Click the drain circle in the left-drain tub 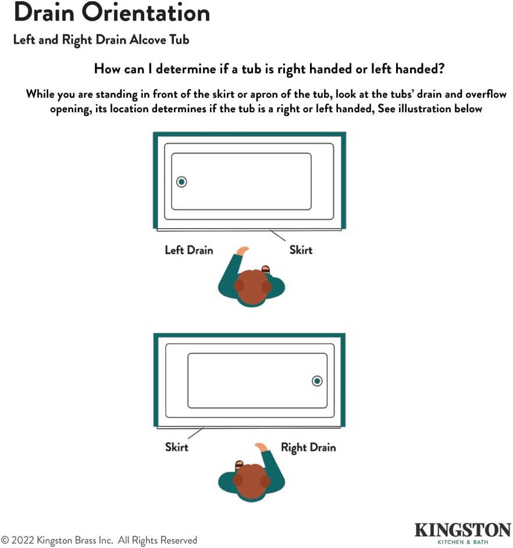(x=181, y=182)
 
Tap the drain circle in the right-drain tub (x=317, y=381)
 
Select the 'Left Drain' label (x=188, y=250)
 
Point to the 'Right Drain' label (x=308, y=448)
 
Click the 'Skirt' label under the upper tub (x=301, y=250)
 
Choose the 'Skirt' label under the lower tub (x=176, y=447)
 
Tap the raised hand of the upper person (x=243, y=251)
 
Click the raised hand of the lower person (x=261, y=447)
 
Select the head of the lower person (x=252, y=481)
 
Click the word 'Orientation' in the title (x=146, y=13)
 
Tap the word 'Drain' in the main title (x=44, y=13)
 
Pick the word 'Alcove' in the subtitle (x=148, y=40)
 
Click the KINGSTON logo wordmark (x=462, y=530)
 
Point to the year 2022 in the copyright (x=23, y=540)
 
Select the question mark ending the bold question (x=441, y=69)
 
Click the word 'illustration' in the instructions (x=425, y=109)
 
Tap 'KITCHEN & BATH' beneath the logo (x=462, y=542)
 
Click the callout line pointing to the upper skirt (x=277, y=235)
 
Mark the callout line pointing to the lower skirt (x=195, y=433)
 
